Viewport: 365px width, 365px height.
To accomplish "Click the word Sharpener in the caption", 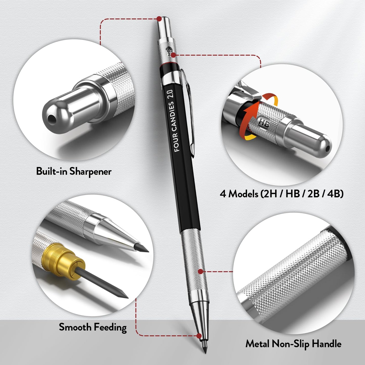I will (x=90, y=172).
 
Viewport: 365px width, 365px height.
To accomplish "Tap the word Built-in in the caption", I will (x=52, y=171).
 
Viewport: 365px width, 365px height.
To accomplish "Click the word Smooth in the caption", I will (x=75, y=327).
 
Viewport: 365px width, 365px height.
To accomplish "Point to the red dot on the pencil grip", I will (x=200, y=272).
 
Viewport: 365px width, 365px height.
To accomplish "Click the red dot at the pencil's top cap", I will (x=159, y=19).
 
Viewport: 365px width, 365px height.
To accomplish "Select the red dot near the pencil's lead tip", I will (x=199, y=336).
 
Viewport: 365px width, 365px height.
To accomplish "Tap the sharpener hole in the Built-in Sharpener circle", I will (x=52, y=118).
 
